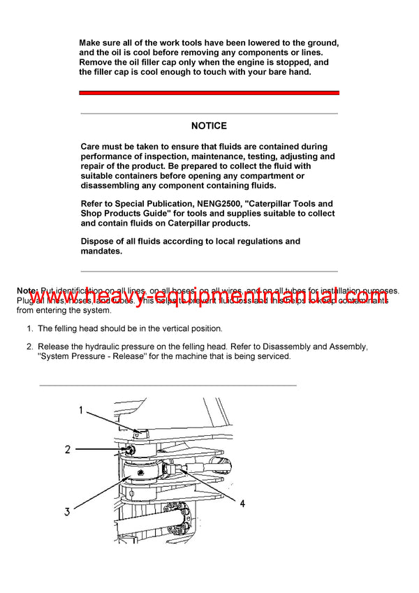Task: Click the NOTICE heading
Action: click(209, 126)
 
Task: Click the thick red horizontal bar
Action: click(209, 93)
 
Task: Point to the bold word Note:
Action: click(27, 290)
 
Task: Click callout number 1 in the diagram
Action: click(81, 411)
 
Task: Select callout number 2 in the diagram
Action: click(68, 449)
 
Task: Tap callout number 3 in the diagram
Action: click(67, 512)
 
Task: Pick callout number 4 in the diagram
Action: click(242, 503)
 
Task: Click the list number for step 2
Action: click(29, 346)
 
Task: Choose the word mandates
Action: click(101, 251)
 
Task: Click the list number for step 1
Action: click(29, 328)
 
